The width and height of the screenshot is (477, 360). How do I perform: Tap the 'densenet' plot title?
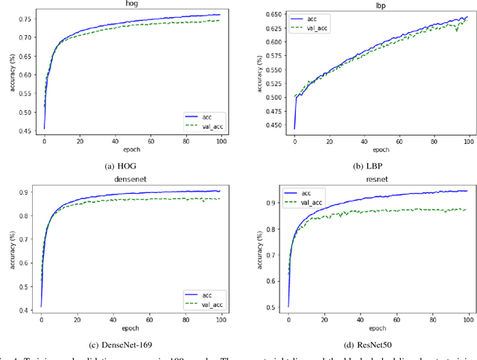tap(122, 180)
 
